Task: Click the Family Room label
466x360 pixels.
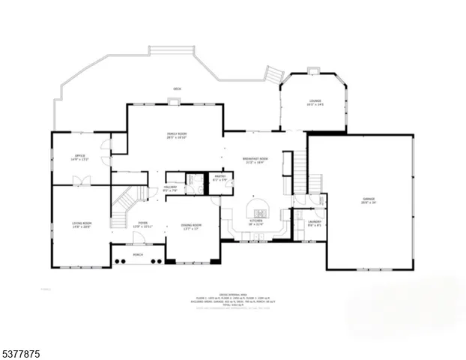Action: click(x=177, y=136)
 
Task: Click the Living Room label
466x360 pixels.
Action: click(x=82, y=225)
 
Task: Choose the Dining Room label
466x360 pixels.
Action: click(x=192, y=226)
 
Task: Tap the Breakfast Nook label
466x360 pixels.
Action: click(x=256, y=160)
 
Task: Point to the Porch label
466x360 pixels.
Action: click(x=137, y=255)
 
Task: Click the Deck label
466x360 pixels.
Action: click(x=177, y=89)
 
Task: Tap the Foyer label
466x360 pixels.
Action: click(x=142, y=225)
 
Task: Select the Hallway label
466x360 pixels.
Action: click(x=169, y=189)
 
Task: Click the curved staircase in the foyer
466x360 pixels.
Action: click(x=124, y=205)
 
